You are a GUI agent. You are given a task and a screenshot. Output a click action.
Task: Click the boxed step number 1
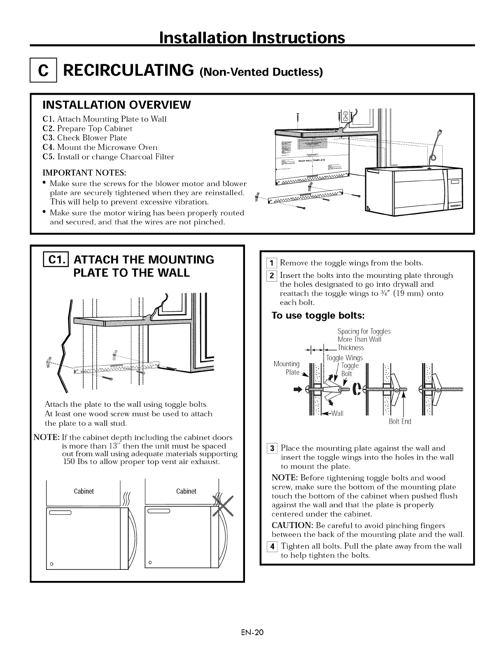click(x=274, y=263)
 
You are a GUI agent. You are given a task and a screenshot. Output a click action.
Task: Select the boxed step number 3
click(x=274, y=448)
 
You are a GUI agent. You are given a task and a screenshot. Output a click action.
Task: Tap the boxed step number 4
click(x=274, y=546)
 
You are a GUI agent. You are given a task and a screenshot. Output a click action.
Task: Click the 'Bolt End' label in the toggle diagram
click(x=400, y=422)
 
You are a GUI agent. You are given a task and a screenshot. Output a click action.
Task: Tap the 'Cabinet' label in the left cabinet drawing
click(x=84, y=491)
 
